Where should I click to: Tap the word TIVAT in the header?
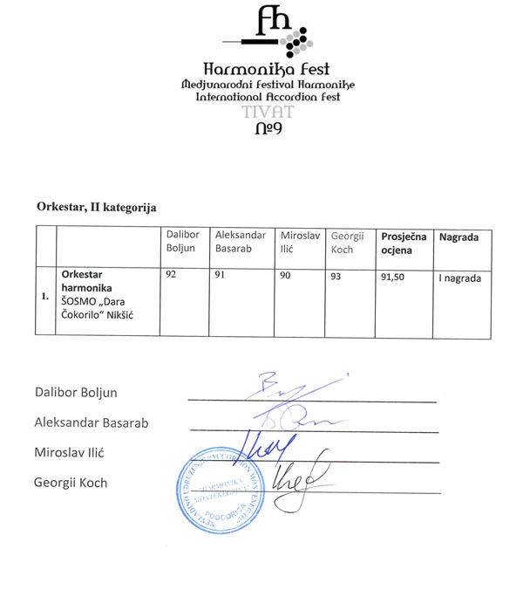pos(261,113)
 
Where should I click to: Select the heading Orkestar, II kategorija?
pos(96,208)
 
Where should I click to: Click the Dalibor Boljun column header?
pos(184,242)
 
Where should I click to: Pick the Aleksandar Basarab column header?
pos(239,242)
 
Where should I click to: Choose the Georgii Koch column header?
pos(348,242)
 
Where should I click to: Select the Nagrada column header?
pos(458,237)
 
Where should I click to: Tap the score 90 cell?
pos(285,275)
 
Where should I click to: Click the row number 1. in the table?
pos(44,297)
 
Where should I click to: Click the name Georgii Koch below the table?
pos(71,482)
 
